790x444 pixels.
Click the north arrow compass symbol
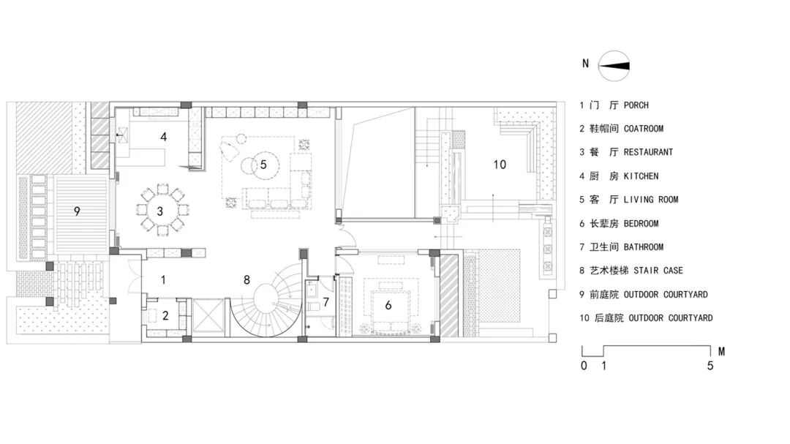click(x=614, y=66)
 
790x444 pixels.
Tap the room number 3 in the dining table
click(x=160, y=211)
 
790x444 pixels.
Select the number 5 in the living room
click(x=263, y=165)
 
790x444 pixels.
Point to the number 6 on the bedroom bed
click(x=388, y=305)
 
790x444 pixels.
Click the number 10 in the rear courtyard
click(x=500, y=165)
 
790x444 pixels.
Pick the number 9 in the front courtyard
click(x=77, y=211)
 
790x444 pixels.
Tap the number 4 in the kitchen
click(x=163, y=137)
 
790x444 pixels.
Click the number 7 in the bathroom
click(x=326, y=302)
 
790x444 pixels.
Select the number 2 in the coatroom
click(x=165, y=315)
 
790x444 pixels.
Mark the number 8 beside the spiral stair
click(x=247, y=279)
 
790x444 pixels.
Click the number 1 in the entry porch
click(x=162, y=279)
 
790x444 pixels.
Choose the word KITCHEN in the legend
click(x=641, y=176)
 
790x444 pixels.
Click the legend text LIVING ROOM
click(x=651, y=200)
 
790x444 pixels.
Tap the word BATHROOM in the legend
click(x=644, y=247)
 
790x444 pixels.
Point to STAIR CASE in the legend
click(x=658, y=271)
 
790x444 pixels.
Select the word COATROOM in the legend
click(x=644, y=129)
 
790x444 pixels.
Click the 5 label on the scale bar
click(x=710, y=366)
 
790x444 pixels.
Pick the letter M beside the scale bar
click(x=721, y=351)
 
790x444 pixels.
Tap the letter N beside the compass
click(x=585, y=64)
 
